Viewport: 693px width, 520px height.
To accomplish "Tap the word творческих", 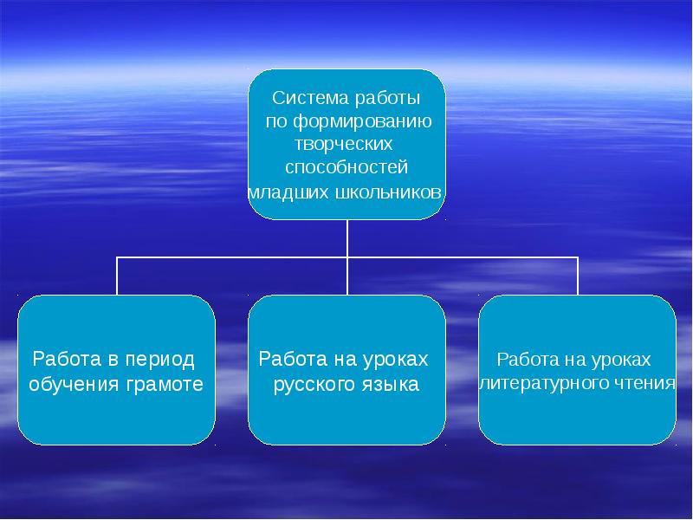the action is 346,143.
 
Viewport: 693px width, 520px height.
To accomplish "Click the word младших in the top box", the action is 288,191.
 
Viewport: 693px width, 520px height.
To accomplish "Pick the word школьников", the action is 387,191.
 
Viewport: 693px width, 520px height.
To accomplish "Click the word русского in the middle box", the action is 312,384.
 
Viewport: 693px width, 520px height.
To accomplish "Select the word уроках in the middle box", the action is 395,359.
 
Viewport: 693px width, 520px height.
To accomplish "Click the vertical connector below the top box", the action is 347,238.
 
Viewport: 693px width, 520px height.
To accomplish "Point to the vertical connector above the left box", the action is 117,276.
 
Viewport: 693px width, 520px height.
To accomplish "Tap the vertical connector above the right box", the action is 578,276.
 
